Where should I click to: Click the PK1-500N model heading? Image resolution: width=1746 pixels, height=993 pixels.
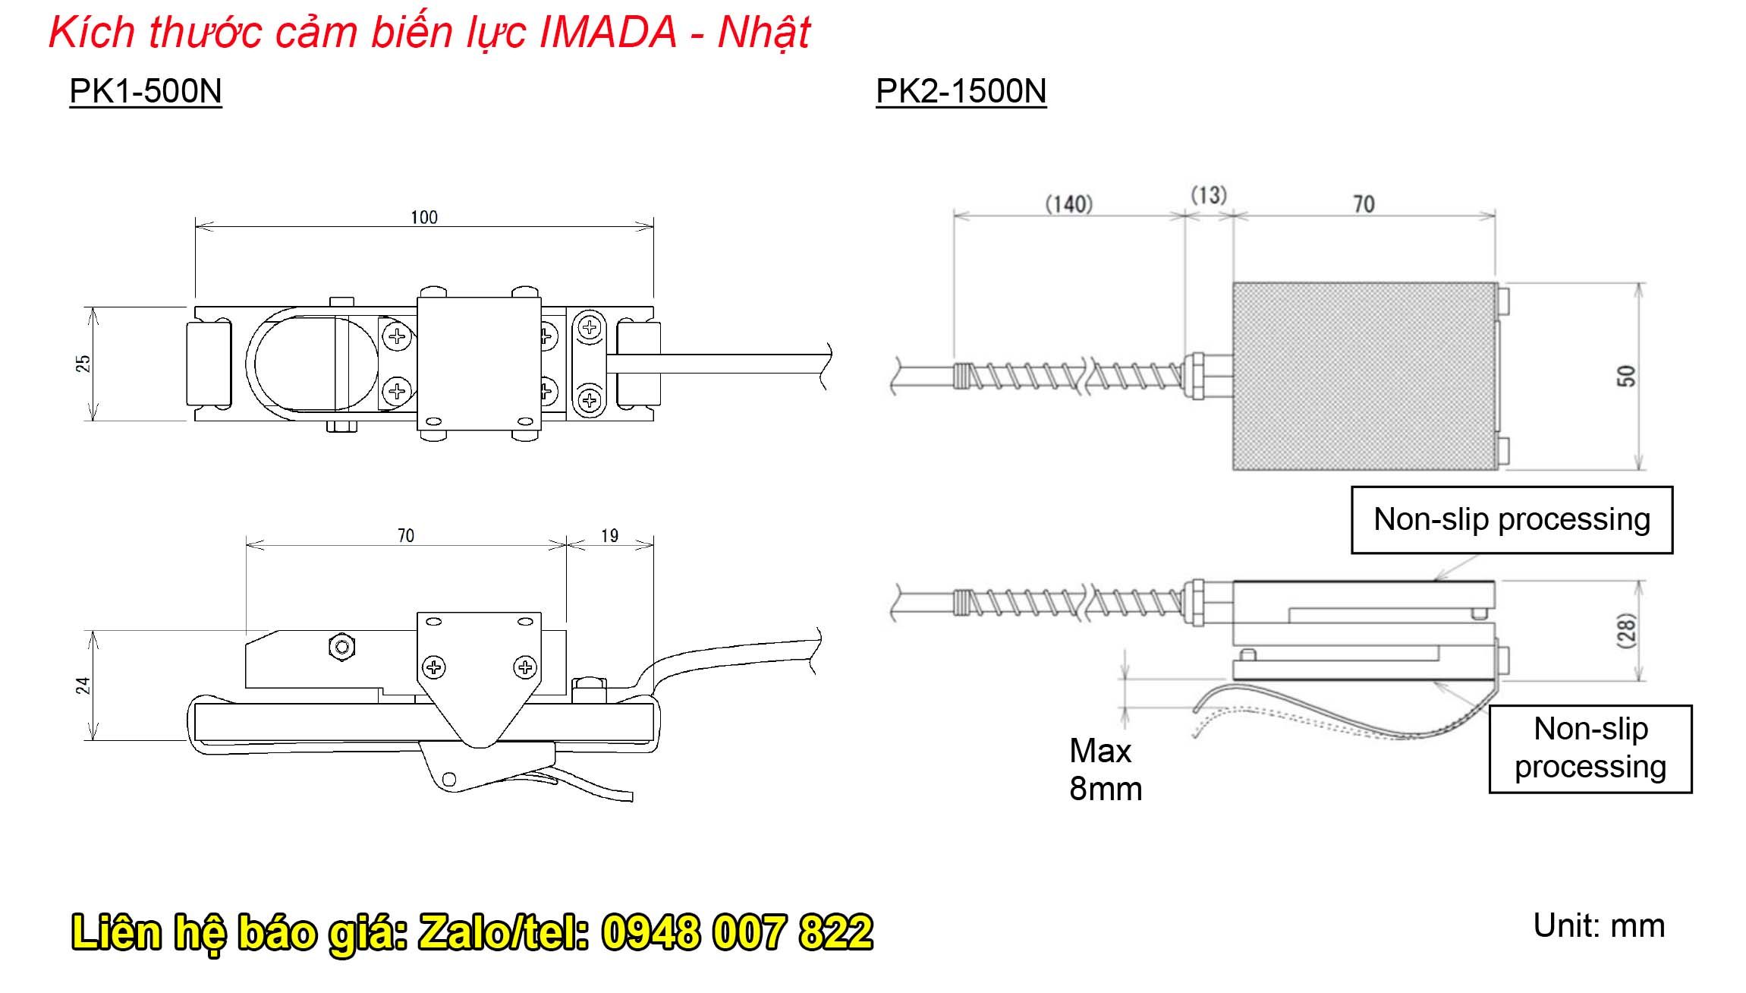tap(145, 92)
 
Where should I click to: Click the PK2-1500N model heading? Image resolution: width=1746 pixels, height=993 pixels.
tap(961, 92)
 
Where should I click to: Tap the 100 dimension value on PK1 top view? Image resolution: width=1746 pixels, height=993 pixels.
tap(424, 218)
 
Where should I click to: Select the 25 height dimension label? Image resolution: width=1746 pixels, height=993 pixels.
tap(83, 364)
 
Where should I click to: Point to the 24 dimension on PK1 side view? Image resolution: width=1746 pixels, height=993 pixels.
tap(83, 686)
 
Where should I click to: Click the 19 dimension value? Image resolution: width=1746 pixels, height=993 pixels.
tap(609, 536)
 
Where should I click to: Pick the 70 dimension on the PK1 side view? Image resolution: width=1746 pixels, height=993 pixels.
tap(406, 536)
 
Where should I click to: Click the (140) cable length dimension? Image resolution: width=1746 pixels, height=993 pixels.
tap(1068, 204)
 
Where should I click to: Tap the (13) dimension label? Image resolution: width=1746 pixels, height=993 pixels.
tap(1208, 195)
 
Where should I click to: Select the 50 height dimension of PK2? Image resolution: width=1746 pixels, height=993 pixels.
tap(1625, 376)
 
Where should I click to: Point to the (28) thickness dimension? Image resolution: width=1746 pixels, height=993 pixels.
tap(1625, 630)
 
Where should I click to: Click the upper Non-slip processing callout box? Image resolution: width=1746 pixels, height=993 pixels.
tap(1512, 520)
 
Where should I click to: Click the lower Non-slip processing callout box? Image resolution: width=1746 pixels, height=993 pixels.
tap(1590, 749)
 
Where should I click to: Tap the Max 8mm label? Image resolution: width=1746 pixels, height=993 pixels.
tap(1105, 770)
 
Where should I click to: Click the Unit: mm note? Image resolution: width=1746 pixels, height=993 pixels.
tap(1599, 926)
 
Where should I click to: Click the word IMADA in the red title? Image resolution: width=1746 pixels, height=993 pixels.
tap(608, 33)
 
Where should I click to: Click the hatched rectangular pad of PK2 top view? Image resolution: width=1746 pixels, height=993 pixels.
tap(1364, 377)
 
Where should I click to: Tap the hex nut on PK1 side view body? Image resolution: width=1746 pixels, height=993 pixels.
tap(342, 647)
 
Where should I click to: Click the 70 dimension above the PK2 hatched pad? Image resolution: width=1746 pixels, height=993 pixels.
tap(1364, 204)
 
